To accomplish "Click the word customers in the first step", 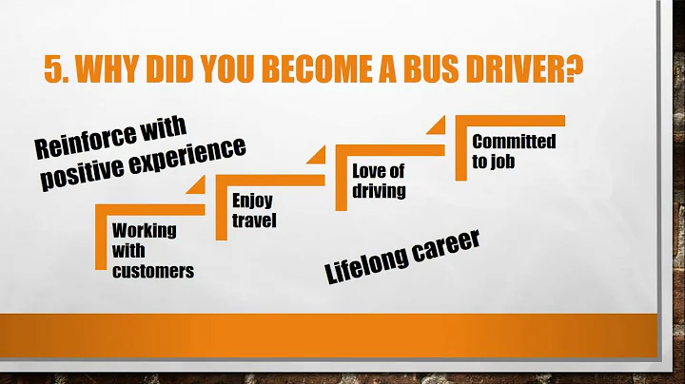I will click(x=152, y=271).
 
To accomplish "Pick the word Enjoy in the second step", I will click(x=252, y=201).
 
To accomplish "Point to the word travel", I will click(x=255, y=221).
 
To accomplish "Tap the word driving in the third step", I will click(x=379, y=191).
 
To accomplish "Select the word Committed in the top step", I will click(x=514, y=142).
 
